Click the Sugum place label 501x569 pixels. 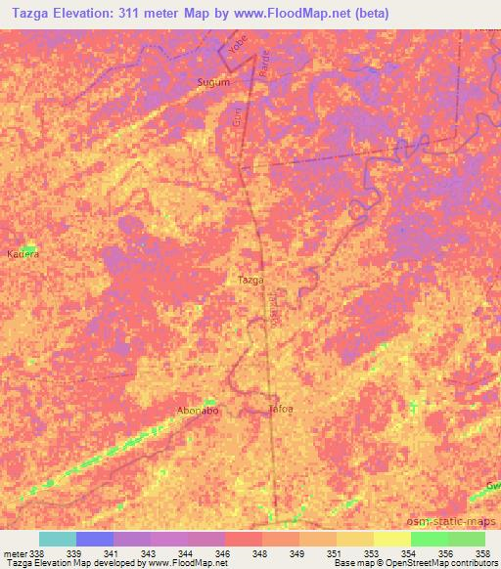pos(213,83)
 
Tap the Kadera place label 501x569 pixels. pos(23,253)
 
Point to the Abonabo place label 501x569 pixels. pos(197,411)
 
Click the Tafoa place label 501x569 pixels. pos(281,410)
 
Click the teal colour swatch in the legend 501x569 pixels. pos(58,539)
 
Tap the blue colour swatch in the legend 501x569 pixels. pos(95,539)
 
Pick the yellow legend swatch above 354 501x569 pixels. pos(391,539)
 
